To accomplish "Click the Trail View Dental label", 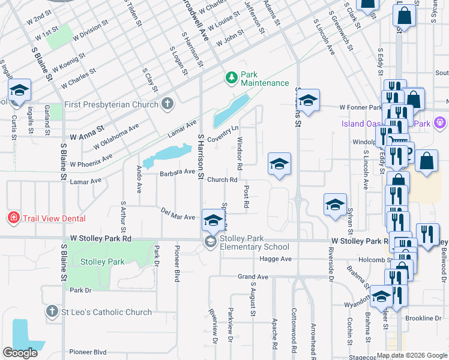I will (54, 218).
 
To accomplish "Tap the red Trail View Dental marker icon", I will (13, 217).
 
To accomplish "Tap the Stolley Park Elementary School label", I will (255, 242).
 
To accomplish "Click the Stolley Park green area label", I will (103, 262).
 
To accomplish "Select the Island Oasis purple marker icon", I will (440, 123).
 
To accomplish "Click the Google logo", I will (20, 352).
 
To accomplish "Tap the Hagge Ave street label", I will (276, 259).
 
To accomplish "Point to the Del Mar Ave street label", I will (178, 213).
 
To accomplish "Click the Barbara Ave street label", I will (178, 173).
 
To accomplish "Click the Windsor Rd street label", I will (239, 152).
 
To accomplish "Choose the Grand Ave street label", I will (252, 277).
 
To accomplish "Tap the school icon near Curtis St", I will (19, 91).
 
